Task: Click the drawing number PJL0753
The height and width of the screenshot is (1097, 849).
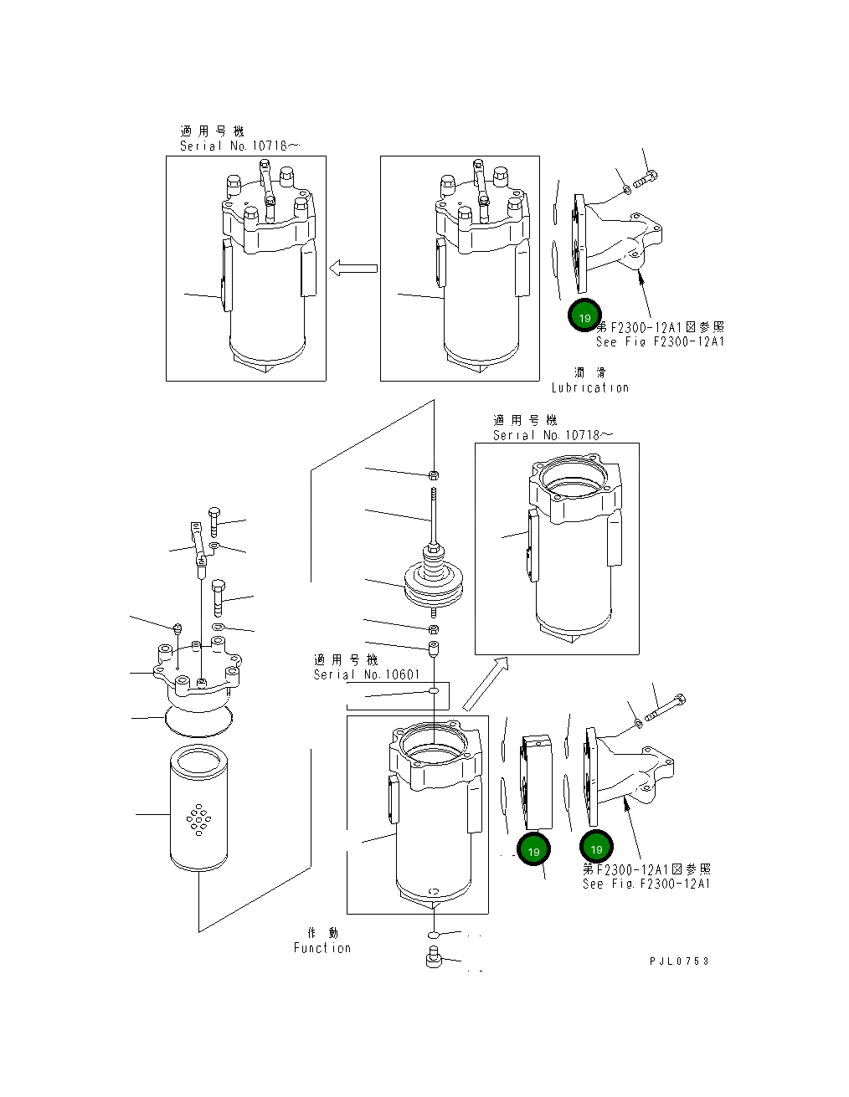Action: coord(679,961)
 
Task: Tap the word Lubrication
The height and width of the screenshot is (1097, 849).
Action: coord(589,387)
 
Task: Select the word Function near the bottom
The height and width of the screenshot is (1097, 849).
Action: coord(322,948)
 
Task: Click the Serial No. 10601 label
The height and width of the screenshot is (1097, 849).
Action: coord(367,674)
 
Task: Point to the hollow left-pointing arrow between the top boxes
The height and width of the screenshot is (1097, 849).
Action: coord(353,269)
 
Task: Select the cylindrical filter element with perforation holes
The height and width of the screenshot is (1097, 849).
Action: coord(198,809)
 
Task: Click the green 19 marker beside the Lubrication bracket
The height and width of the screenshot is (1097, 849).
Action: coord(584,317)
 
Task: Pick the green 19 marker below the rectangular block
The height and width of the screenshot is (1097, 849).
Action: coord(534,850)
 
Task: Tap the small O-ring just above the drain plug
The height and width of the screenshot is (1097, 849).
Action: coord(434,934)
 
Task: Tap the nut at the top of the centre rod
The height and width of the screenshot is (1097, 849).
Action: coord(434,474)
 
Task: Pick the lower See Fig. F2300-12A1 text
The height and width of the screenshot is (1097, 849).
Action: coord(646,884)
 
